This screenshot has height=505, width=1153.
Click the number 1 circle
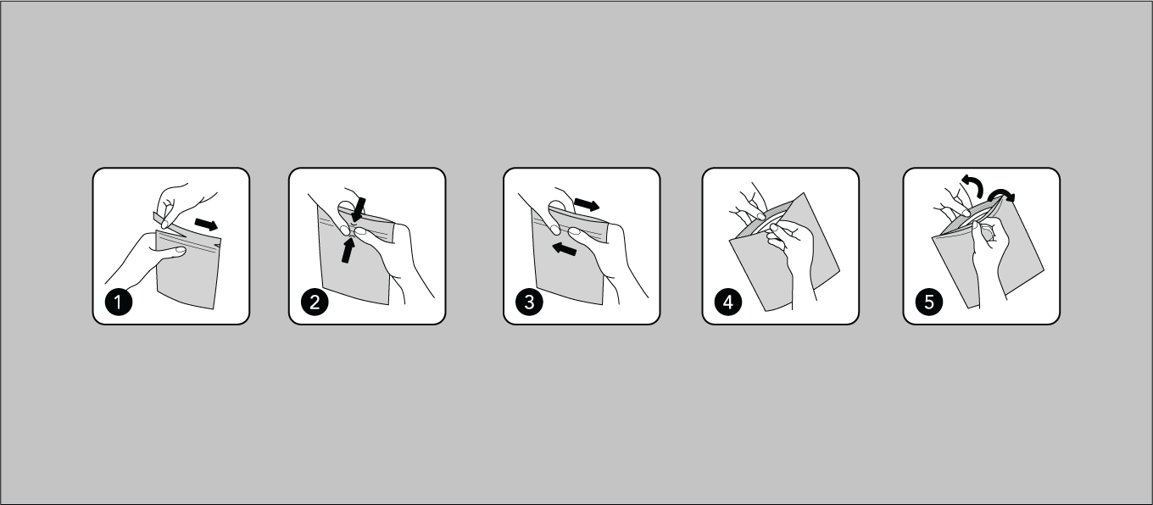pyautogui.click(x=119, y=302)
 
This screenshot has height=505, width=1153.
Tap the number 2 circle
pyautogui.click(x=315, y=302)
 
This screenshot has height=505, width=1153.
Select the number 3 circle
pyautogui.click(x=529, y=302)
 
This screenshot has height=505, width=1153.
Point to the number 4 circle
pyautogui.click(x=727, y=302)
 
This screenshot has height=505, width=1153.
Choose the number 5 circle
pyautogui.click(x=929, y=302)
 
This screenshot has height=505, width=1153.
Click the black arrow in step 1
pyautogui.click(x=206, y=225)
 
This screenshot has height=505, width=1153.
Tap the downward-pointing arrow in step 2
pyautogui.click(x=359, y=210)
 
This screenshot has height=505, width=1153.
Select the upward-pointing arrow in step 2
pyautogui.click(x=348, y=251)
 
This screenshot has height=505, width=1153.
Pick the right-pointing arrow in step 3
pyautogui.click(x=587, y=205)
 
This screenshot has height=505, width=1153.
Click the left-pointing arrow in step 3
pyautogui.click(x=564, y=249)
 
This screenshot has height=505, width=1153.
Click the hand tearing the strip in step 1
pyautogui.click(x=183, y=203)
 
